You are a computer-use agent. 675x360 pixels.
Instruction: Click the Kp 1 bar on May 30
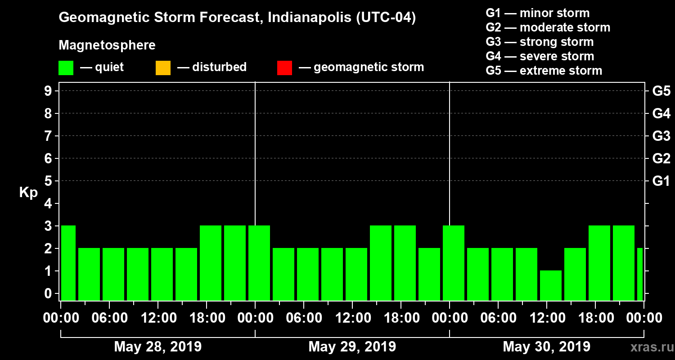coord(551,285)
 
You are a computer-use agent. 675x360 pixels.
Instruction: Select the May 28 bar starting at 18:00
coord(211,263)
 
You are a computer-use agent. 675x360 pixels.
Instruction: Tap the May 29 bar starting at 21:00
coord(429,274)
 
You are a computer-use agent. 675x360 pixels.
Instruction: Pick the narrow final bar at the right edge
coord(640,274)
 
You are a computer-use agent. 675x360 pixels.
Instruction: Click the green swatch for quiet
coord(66,67)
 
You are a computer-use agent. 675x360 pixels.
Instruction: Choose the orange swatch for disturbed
coord(163,67)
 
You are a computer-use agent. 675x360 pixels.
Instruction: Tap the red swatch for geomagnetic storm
coord(284,67)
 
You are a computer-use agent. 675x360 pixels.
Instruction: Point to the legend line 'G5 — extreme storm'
coord(544,71)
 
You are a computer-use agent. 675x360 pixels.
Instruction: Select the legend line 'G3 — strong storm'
coord(540,42)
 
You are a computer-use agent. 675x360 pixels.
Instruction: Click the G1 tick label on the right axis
coord(661,181)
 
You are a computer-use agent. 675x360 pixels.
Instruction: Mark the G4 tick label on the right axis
coord(661,113)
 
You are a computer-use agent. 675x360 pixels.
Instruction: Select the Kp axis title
coord(28,193)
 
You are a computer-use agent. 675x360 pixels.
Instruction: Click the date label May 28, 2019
coord(158,346)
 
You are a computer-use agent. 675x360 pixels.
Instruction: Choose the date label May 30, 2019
coord(546,346)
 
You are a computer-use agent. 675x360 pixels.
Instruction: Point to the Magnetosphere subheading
coord(107,45)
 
